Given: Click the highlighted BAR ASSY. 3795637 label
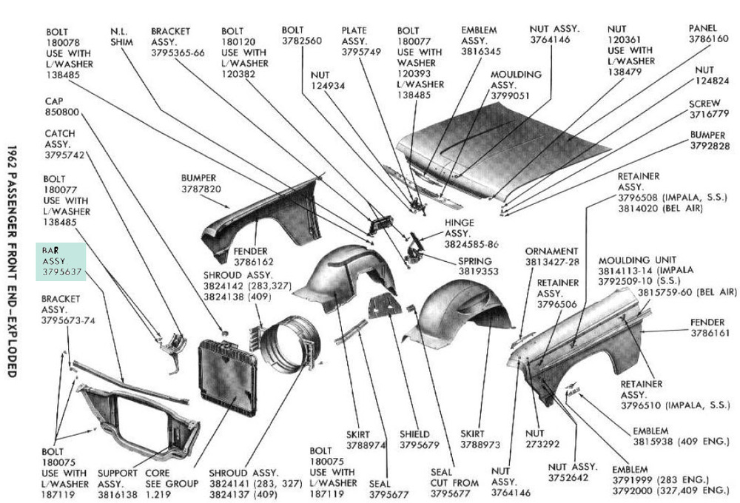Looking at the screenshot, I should pyautogui.click(x=62, y=261).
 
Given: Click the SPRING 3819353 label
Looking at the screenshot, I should pyautogui.click(x=479, y=266).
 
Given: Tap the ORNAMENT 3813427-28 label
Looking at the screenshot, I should pyautogui.click(x=552, y=256).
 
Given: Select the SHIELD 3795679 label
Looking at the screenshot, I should pyautogui.click(x=420, y=439).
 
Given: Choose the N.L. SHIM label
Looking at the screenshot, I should pyautogui.click(x=120, y=37).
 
